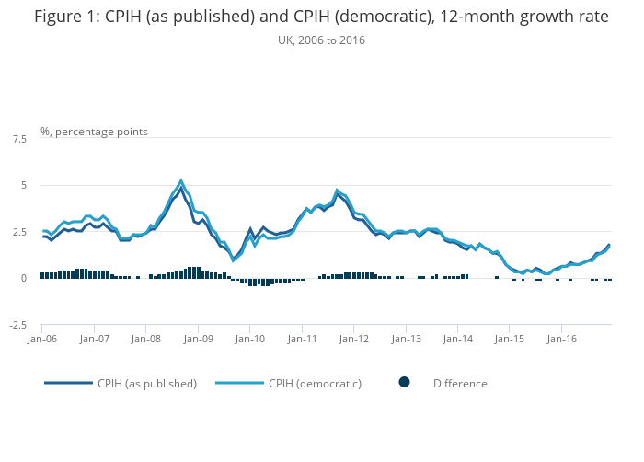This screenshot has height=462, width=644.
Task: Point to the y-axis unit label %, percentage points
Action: (94, 132)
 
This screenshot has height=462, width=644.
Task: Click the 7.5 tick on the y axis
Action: (18, 139)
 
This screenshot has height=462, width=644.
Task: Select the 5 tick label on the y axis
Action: (23, 186)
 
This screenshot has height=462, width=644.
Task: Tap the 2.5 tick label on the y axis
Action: (18, 232)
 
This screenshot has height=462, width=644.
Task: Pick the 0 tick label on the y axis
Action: (23, 279)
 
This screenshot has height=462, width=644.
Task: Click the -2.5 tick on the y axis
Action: (17, 325)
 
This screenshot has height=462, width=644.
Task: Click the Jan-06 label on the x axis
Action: (42, 339)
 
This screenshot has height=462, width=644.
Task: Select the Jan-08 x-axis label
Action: (146, 339)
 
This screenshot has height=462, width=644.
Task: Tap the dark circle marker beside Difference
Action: (404, 383)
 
